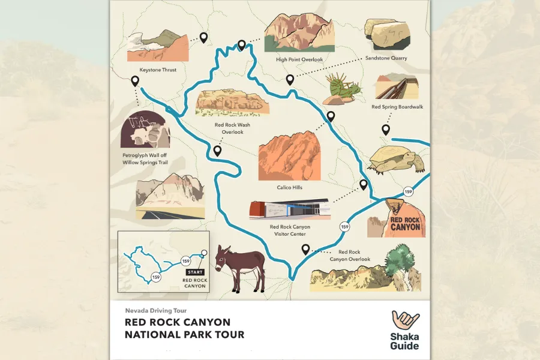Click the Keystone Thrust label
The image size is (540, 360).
coord(158,70)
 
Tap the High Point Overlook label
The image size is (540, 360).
coord(299,59)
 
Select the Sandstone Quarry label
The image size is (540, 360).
coord(386,58)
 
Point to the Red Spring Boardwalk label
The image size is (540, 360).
coord(397,107)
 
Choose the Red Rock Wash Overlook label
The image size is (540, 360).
coord(232,128)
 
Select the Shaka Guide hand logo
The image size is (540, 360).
coord(406,322)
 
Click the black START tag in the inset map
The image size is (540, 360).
coord(195,272)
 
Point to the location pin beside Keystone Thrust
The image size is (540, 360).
coord(203,38)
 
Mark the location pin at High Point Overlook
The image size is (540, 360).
coord(242,45)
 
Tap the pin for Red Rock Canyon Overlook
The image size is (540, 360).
coord(305,249)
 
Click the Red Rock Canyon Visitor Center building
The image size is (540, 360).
coord(289,210)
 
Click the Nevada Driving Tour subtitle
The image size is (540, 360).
coord(155,311)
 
